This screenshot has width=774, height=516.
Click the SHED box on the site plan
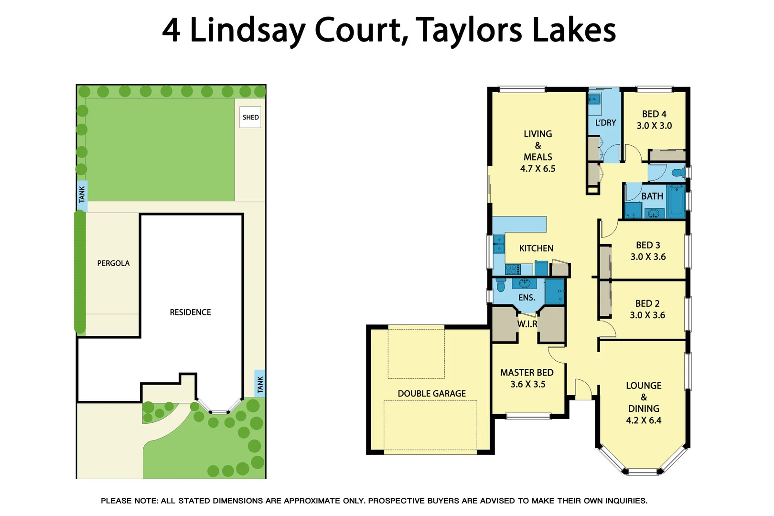pos(250,117)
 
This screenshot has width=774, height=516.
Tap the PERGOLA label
pos(113,263)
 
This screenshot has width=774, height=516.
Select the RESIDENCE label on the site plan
pos(190,312)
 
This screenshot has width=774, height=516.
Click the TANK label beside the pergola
pos(82,194)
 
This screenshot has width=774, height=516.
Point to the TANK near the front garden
pos(260,384)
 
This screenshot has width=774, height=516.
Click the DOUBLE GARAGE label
pos(431,394)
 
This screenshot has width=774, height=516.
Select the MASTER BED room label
pos(527,373)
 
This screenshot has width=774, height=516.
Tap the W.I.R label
pos(527,324)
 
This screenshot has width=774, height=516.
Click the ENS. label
pos(527,298)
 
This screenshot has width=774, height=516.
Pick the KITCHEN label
pos(536,248)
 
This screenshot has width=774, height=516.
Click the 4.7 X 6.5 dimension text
pos(537,169)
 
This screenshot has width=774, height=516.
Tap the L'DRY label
pos(605,123)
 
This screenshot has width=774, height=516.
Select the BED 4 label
pos(654,114)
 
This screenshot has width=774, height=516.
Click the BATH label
pos(652,196)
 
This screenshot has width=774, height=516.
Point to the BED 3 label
pos(648,245)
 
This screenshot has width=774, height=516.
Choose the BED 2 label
pos(647,303)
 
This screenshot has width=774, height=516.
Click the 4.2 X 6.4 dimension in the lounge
pos(644,420)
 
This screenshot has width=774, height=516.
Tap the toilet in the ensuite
pos(501,285)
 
